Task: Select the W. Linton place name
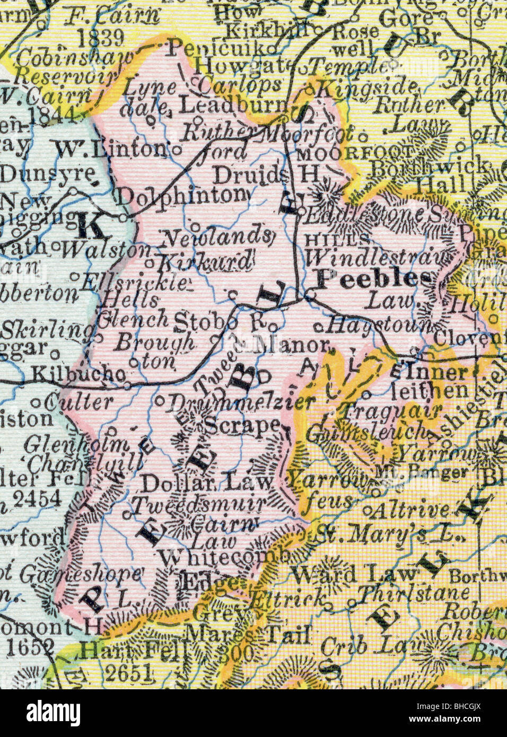tap(111, 150)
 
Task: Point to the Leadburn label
tap(232, 106)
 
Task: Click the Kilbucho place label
tap(74, 374)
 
